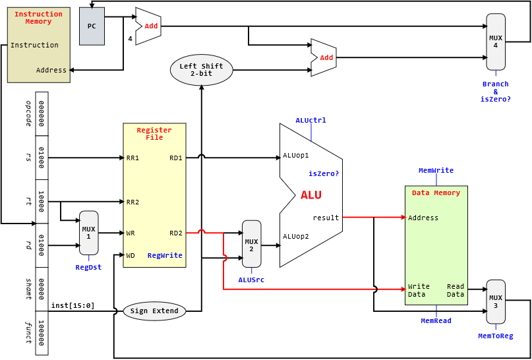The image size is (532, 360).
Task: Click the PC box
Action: pos(92,26)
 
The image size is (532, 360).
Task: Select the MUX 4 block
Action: pos(496,42)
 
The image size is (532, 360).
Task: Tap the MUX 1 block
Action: pos(88,233)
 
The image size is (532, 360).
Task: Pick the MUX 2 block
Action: pos(252,244)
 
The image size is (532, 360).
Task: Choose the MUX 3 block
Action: pos(496,301)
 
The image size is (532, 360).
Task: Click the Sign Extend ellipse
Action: pos(154,311)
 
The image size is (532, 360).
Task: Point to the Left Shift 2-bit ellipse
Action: pos(201,70)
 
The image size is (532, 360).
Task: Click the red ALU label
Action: pos(311,195)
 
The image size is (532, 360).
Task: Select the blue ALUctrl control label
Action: pos(311,121)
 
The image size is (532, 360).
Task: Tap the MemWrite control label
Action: pos(436,171)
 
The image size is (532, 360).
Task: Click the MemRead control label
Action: pos(436,320)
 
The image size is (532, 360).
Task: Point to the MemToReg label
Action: pos(496,336)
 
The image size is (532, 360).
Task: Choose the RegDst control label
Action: pos(88,268)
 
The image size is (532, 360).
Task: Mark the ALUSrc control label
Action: pos(252,280)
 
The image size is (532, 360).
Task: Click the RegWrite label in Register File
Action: pos(165,255)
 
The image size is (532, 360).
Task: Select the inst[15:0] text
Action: pos(73,305)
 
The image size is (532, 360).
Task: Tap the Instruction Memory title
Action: pos(38,18)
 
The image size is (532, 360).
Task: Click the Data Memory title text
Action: pos(436,193)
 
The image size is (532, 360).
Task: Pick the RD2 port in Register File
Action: pos(176,233)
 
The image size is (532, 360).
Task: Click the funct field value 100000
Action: pos(42,333)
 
